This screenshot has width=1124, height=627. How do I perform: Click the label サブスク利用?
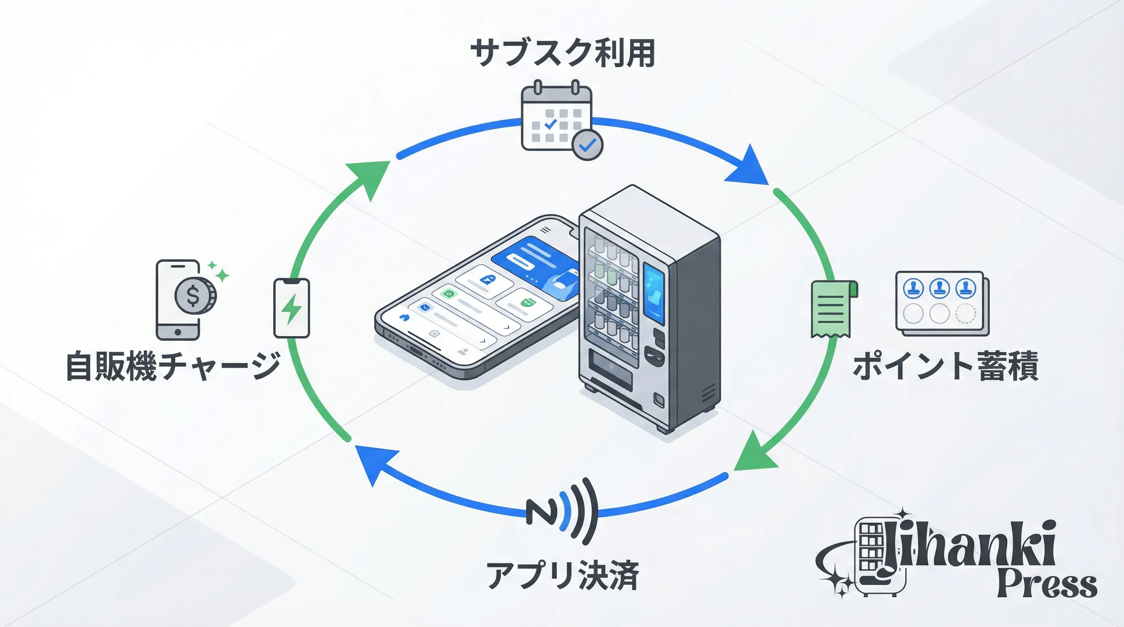[x=562, y=53]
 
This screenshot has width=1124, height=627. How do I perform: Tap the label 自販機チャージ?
[x=173, y=366]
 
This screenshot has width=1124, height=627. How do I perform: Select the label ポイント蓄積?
[x=946, y=366]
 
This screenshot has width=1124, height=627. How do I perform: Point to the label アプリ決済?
[x=562, y=576]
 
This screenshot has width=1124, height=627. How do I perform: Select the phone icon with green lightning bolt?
[x=292, y=308]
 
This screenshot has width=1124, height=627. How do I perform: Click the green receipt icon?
[x=832, y=309]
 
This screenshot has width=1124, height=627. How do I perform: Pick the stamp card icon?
[x=941, y=303]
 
